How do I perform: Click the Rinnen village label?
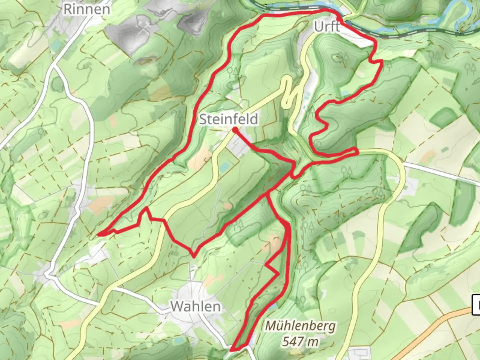pos(86,9)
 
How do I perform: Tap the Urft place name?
pos(327,27)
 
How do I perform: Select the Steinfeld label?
pos(228,119)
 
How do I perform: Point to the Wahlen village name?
pos(196,306)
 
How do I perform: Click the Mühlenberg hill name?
pos(300,326)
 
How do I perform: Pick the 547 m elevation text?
pos(299,341)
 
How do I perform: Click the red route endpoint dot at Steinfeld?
pos(235,130)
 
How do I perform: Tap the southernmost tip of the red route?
pos(232,350)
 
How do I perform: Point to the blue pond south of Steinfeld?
pos(225,166)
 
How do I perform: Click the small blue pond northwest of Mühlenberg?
pos(273,305)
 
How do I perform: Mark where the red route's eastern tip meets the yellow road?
pos(357,152)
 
